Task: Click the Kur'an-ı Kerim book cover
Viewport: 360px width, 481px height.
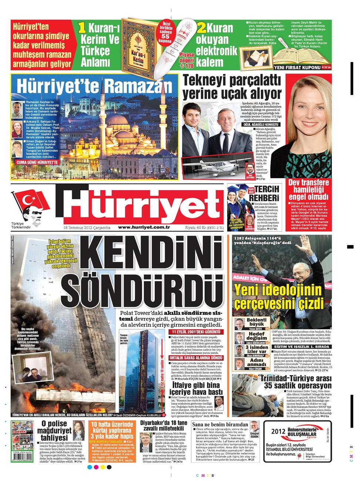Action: [x=137, y=47]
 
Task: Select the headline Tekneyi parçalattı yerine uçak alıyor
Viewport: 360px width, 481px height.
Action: [x=232, y=87]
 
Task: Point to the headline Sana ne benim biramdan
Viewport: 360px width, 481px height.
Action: [x=219, y=424]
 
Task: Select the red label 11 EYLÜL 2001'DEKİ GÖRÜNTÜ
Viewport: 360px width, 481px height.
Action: [x=195, y=332]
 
